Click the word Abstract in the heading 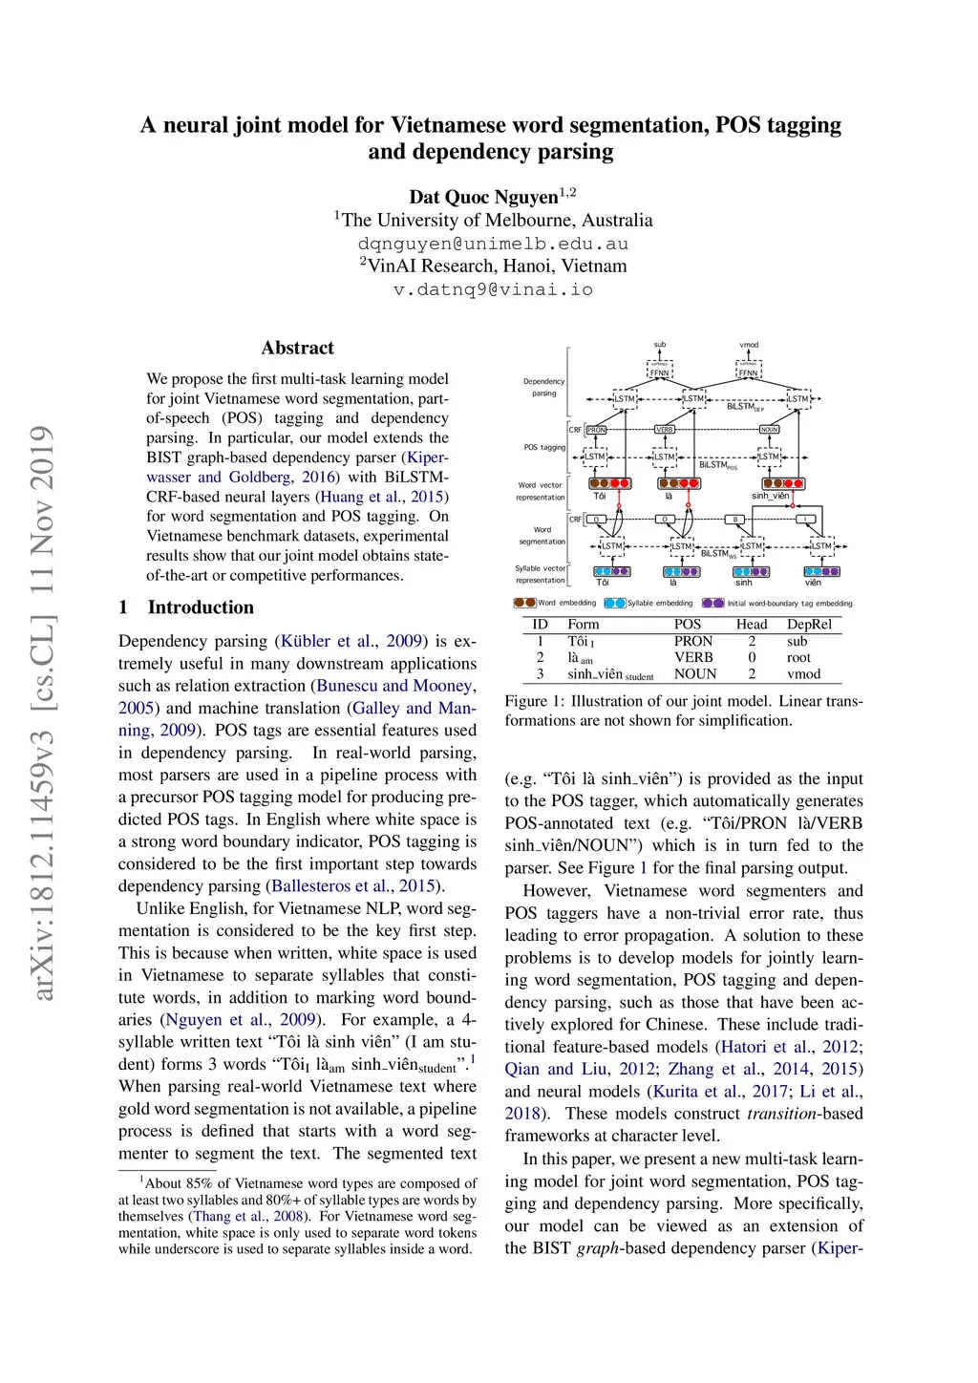[x=297, y=348]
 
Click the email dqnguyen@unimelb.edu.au [x=493, y=244]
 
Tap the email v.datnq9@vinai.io [x=493, y=289]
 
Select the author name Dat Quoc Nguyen [x=483, y=197]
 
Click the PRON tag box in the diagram [x=596, y=430]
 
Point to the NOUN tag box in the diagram [x=769, y=430]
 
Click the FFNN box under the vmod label [x=749, y=372]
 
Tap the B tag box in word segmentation [x=734, y=520]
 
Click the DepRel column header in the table [x=809, y=625]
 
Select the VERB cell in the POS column [x=693, y=657]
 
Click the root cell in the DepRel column [x=798, y=657]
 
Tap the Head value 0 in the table [x=752, y=657]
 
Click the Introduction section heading [x=201, y=607]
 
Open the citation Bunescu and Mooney [x=394, y=686]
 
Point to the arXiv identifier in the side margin [x=42, y=713]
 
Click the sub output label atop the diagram [x=660, y=345]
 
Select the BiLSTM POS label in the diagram [x=717, y=465]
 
